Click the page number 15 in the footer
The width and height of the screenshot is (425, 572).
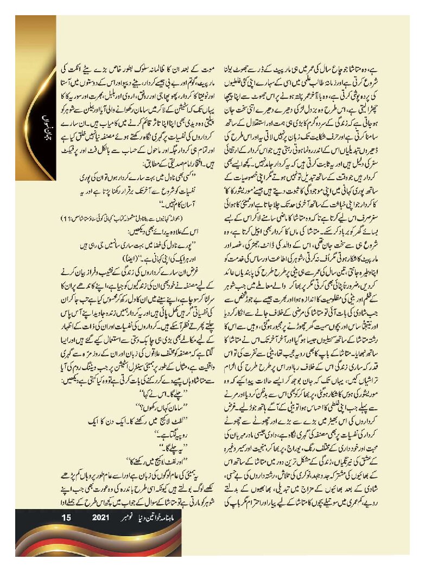pos(67,518)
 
